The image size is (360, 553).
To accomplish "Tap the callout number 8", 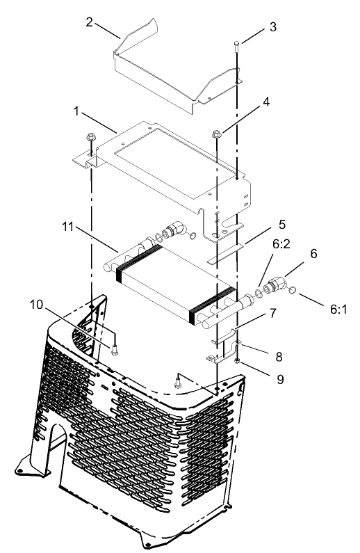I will tap(279, 355).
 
